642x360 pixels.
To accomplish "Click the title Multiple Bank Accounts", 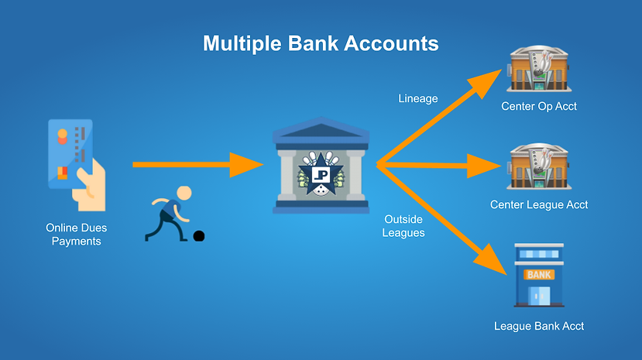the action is pos(321,43).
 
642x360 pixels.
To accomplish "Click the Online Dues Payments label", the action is pos(77,235).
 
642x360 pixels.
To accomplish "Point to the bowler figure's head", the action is pos(183,194).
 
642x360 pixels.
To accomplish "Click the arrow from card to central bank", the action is pos(197,164).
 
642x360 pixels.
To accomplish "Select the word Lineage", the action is pos(418,98).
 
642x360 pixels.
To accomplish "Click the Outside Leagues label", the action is pos(403,226).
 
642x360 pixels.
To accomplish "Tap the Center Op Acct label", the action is pos(539,107).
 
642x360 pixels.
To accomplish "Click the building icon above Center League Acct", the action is pos(539,167).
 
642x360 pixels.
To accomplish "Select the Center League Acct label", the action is pos(539,205).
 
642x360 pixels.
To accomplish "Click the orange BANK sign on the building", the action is pos(539,274).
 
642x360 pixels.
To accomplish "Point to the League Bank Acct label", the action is pos(539,326).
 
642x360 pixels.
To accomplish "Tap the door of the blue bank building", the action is pos(539,296).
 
